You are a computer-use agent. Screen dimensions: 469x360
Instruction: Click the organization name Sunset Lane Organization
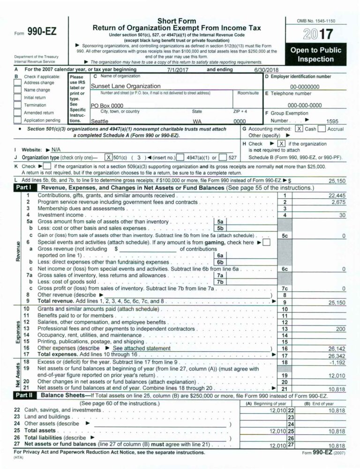[x=125, y=86]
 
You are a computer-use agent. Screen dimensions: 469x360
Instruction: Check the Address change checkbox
[x=18, y=83]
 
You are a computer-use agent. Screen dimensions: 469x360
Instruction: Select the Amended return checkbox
[x=18, y=113]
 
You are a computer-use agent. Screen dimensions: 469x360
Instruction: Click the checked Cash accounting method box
[x=299, y=129]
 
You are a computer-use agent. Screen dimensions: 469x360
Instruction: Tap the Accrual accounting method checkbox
[x=322, y=129]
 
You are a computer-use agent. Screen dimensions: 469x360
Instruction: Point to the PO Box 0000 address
[x=107, y=106]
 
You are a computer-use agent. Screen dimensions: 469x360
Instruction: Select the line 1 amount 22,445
[x=337, y=196]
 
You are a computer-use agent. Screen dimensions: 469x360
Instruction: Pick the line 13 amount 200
[x=341, y=329]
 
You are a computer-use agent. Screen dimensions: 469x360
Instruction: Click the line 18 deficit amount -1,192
[x=338, y=363]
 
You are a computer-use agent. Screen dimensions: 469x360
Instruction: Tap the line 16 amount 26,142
[x=337, y=349]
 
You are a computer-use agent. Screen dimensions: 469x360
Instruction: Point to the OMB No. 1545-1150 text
[x=315, y=21]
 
